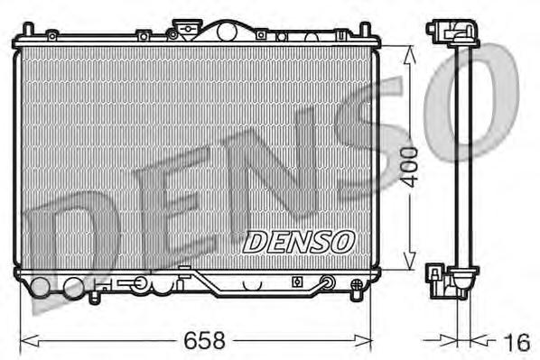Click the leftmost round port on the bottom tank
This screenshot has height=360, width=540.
[42, 289]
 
